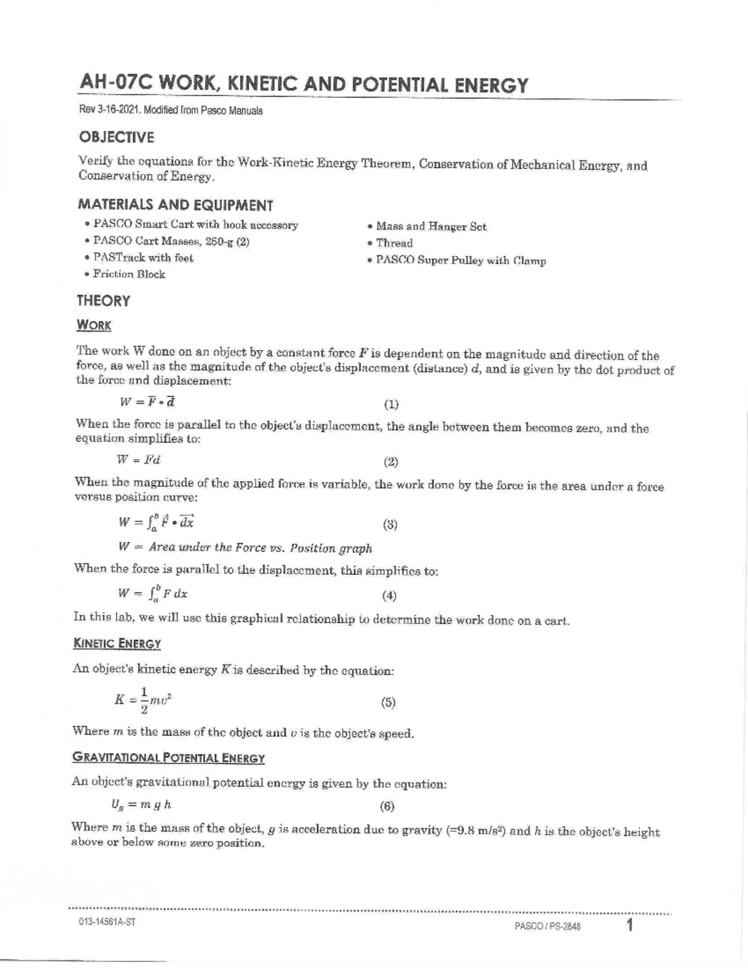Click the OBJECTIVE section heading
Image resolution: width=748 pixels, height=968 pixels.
(x=116, y=138)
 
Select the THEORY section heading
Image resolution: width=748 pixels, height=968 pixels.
(x=103, y=301)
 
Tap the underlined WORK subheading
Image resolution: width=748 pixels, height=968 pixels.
(x=93, y=325)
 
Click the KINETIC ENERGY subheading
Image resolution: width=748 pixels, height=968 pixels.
(x=117, y=644)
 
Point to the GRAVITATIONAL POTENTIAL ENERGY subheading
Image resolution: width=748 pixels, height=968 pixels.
(x=168, y=759)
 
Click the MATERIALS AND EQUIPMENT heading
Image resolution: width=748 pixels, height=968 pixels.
(x=175, y=205)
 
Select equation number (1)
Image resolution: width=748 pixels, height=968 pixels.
(x=391, y=405)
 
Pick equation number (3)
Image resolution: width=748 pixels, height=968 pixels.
(x=390, y=524)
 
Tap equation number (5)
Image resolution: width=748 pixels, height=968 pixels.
(x=388, y=702)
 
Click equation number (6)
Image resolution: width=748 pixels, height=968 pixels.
(x=387, y=806)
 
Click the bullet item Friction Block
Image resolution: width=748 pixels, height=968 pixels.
(x=128, y=274)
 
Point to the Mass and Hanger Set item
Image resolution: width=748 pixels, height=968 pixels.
(x=431, y=227)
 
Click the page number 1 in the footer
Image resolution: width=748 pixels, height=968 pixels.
(x=630, y=925)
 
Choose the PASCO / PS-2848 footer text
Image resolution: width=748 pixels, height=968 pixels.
(x=547, y=927)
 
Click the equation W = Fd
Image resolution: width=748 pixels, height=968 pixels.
(x=139, y=461)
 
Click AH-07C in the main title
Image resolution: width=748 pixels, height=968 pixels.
(x=114, y=84)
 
